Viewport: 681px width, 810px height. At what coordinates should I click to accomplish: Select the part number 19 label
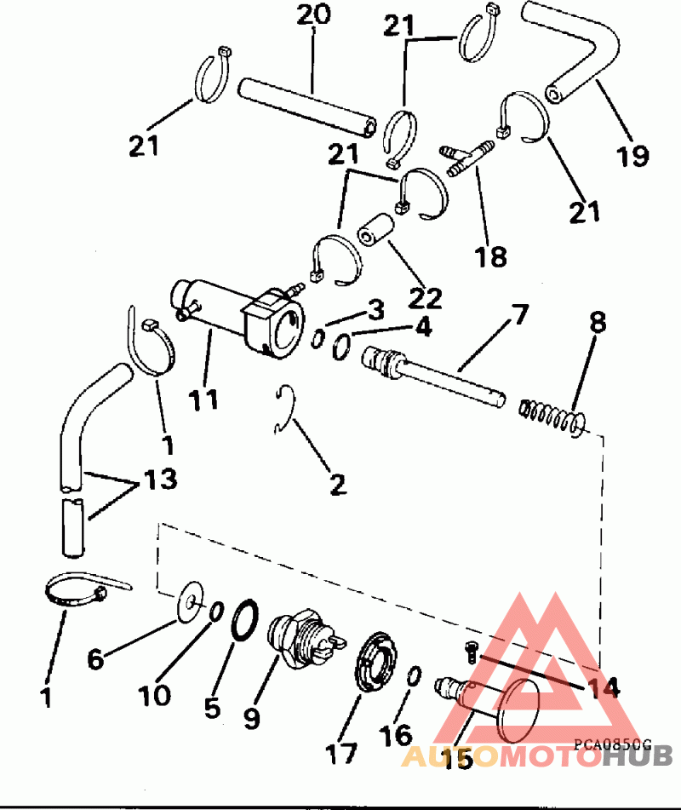[x=633, y=156]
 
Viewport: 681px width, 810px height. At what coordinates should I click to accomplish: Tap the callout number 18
[x=490, y=256]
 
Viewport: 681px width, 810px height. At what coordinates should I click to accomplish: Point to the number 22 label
[x=426, y=298]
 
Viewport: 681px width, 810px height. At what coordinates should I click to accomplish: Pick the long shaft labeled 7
[x=433, y=377]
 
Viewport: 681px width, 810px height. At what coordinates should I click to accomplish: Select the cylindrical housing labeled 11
[x=237, y=319]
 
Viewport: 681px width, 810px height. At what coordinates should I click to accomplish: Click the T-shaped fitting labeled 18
[x=467, y=159]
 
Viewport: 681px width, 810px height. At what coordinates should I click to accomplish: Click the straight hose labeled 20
[x=307, y=108]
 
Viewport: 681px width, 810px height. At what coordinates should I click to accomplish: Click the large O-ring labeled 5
[x=244, y=620]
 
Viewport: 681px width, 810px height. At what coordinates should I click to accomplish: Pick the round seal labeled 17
[x=376, y=661]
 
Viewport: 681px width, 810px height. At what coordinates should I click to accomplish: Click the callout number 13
[x=161, y=479]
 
